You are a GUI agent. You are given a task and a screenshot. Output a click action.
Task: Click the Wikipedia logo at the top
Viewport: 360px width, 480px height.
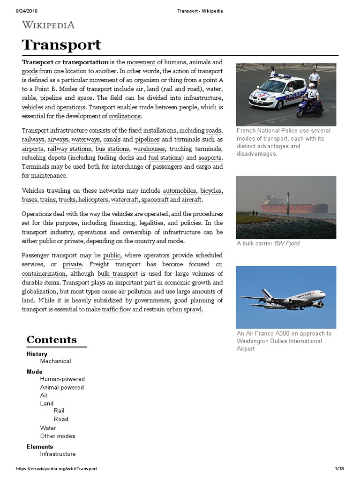(x=48, y=25)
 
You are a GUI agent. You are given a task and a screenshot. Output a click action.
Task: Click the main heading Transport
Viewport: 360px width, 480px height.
(x=61, y=45)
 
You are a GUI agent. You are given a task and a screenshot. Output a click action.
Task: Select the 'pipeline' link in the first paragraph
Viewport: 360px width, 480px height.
(x=51, y=98)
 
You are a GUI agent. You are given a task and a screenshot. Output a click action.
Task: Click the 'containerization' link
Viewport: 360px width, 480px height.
(x=44, y=273)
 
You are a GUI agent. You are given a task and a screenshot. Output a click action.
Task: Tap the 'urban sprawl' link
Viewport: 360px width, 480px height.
(x=184, y=309)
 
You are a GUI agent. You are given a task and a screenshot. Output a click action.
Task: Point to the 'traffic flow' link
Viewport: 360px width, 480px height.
(x=116, y=309)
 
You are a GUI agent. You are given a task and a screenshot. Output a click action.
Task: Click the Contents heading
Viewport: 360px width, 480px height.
(x=52, y=339)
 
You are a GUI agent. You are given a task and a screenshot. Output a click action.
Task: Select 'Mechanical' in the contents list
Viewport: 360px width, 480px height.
(x=55, y=361)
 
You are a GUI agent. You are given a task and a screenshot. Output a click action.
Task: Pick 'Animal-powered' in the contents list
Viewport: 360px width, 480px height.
(x=62, y=388)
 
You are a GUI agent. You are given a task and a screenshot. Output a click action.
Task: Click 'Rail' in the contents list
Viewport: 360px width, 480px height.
(x=59, y=411)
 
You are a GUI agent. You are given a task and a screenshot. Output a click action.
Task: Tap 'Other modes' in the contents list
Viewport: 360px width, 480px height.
(x=58, y=436)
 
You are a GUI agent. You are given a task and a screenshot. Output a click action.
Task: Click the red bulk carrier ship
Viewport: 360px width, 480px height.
(x=294, y=205)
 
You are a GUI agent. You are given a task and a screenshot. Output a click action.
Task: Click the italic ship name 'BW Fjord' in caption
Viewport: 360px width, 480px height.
(x=287, y=243)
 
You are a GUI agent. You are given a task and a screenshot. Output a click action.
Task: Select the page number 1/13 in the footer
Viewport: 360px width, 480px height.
(x=339, y=469)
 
